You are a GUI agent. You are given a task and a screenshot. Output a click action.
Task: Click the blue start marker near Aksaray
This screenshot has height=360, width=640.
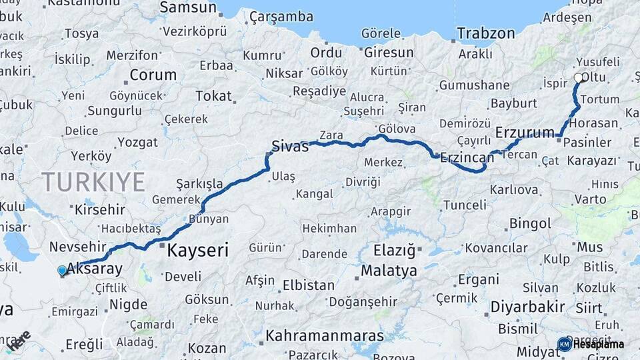pyautogui.click(x=62, y=270)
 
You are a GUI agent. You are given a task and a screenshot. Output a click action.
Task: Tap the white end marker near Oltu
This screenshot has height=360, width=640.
pyautogui.click(x=578, y=78)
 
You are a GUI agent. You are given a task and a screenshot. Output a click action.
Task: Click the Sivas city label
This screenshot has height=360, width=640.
pyautogui.click(x=290, y=146)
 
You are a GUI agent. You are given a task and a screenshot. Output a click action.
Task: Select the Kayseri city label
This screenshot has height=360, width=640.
pyautogui.click(x=197, y=251)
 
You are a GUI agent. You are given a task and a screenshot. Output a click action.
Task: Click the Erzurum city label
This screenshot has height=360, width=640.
pyautogui.click(x=525, y=133)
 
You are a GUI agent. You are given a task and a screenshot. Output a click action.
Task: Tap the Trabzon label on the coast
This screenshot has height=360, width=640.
pyautogui.click(x=486, y=33)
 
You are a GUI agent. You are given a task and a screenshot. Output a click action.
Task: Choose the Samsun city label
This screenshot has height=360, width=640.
pyautogui.click(x=188, y=8)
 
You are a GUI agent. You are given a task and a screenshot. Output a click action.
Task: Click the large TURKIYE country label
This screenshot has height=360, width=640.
pyautogui.click(x=93, y=181)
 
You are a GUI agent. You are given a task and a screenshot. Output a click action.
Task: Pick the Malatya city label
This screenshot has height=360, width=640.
pyautogui.click(x=389, y=271)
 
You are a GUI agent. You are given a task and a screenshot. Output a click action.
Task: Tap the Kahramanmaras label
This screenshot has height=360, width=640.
pyautogui.click(x=325, y=335)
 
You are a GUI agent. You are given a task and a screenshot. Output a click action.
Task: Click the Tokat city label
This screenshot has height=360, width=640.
pyautogui.click(x=213, y=96)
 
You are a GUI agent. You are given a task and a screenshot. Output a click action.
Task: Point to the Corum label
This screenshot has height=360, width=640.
pyautogui.click(x=153, y=75)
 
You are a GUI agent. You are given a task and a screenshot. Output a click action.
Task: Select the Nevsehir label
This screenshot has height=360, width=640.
pyautogui.click(x=78, y=246)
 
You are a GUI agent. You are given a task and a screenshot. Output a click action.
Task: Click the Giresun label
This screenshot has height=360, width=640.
pyautogui.click(x=389, y=52)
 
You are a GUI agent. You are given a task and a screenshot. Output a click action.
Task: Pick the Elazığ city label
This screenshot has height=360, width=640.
pyautogui.click(x=394, y=251)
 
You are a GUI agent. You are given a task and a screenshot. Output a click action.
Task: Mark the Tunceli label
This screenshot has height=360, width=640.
pyautogui.click(x=465, y=205)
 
